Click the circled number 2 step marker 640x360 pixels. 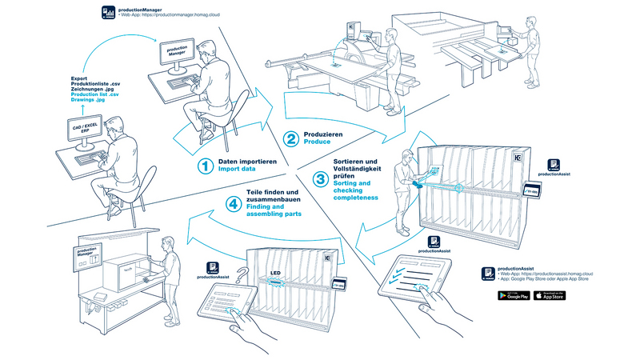click(x=293, y=138)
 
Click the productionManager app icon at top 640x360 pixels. click(x=108, y=11)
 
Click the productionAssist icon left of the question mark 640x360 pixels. click(x=214, y=270)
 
